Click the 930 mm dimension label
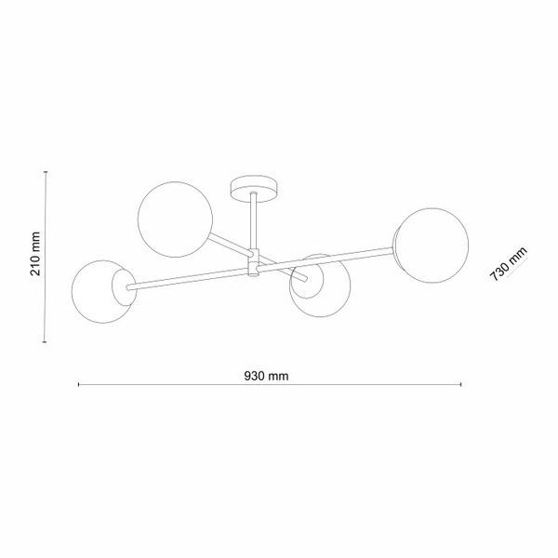266,376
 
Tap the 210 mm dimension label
35,254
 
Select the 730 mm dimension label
508,264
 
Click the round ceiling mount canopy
254,190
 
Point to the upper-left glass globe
175,219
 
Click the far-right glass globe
432,246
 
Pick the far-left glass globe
103,292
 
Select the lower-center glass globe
320,286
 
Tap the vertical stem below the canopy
254,221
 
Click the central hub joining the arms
253,263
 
